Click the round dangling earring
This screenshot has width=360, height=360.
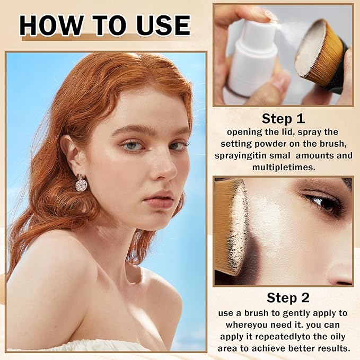click(x=82, y=184)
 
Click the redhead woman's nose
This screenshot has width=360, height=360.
click(x=165, y=168)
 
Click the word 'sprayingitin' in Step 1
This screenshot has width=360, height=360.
click(x=242, y=155)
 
